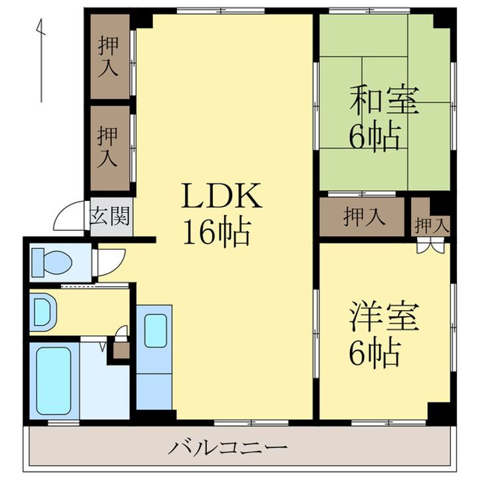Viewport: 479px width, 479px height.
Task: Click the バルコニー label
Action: coord(227,446)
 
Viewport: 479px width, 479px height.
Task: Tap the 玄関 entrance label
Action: coord(110,218)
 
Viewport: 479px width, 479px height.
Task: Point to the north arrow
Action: coord(41,60)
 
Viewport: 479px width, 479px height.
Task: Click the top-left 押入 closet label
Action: coord(108,57)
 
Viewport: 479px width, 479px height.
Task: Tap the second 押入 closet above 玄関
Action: coord(108,146)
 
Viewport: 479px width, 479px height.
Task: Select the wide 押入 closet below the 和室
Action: coord(363,217)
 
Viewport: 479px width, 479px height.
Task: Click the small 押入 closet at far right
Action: coord(430,225)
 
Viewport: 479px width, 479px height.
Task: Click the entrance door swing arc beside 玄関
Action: coord(69,217)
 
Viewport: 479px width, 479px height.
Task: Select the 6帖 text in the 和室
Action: coord(376,136)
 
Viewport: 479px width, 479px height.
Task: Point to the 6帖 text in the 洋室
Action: coord(376,353)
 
